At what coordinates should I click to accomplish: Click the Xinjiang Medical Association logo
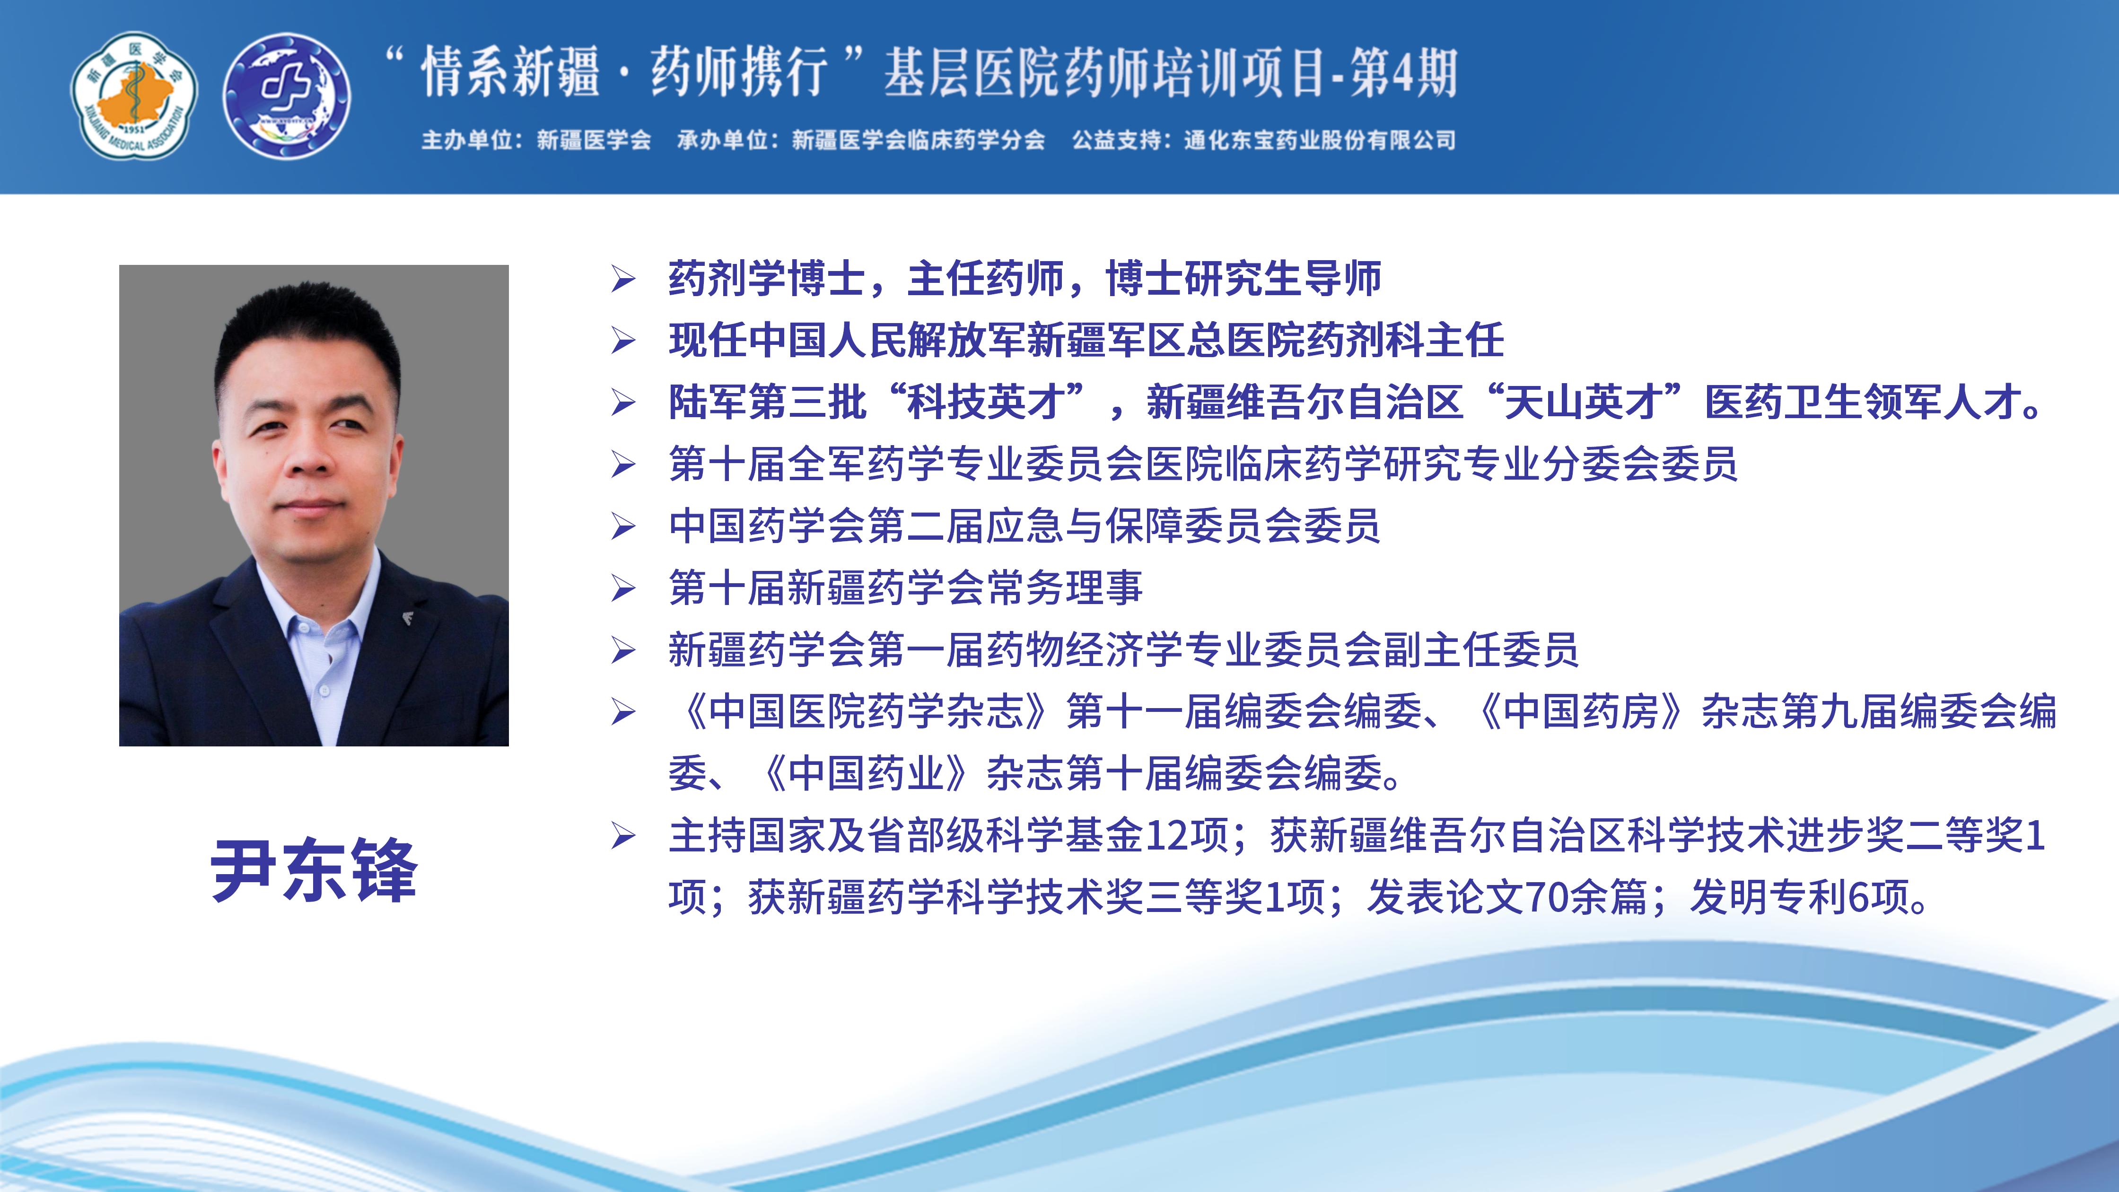134,96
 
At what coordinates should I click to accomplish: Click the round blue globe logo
287,96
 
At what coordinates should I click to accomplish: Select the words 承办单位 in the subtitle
721,140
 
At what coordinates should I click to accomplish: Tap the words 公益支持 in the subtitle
1116,140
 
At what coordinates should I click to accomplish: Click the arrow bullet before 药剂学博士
623,280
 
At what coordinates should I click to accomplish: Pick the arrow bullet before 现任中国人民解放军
623,342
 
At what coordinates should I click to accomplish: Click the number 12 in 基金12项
1166,836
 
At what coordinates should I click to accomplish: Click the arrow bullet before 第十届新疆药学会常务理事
623,588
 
